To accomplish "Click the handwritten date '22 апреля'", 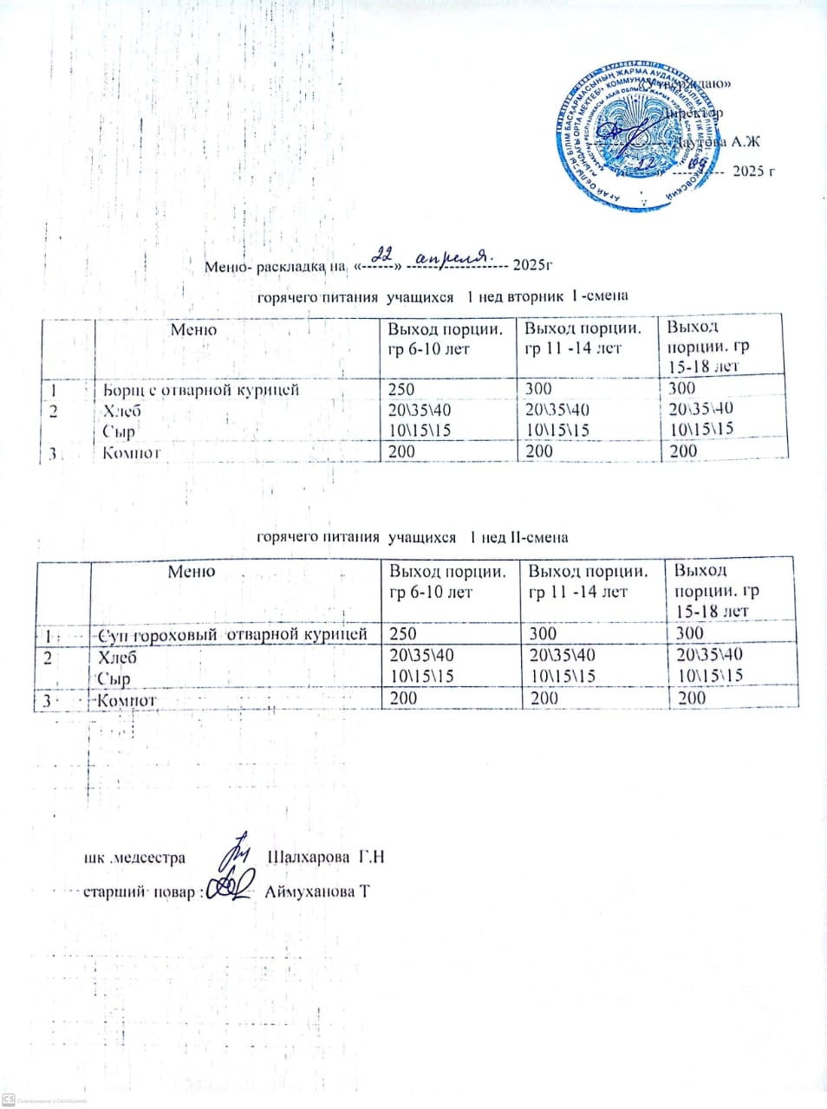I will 431,256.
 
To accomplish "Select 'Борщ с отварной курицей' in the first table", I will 201,390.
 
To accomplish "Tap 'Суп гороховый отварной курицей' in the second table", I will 233,634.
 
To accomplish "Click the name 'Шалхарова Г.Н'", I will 325,858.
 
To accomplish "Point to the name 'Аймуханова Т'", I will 317,891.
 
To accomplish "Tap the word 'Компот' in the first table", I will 132,452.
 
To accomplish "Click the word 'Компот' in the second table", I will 127,699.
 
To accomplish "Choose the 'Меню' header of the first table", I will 193,330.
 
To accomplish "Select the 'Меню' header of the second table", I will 192,572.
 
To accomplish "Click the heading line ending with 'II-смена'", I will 412,537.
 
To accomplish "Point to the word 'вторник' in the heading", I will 537,296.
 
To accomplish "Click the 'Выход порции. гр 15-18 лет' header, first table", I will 708,347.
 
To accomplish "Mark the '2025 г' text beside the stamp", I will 752,171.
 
